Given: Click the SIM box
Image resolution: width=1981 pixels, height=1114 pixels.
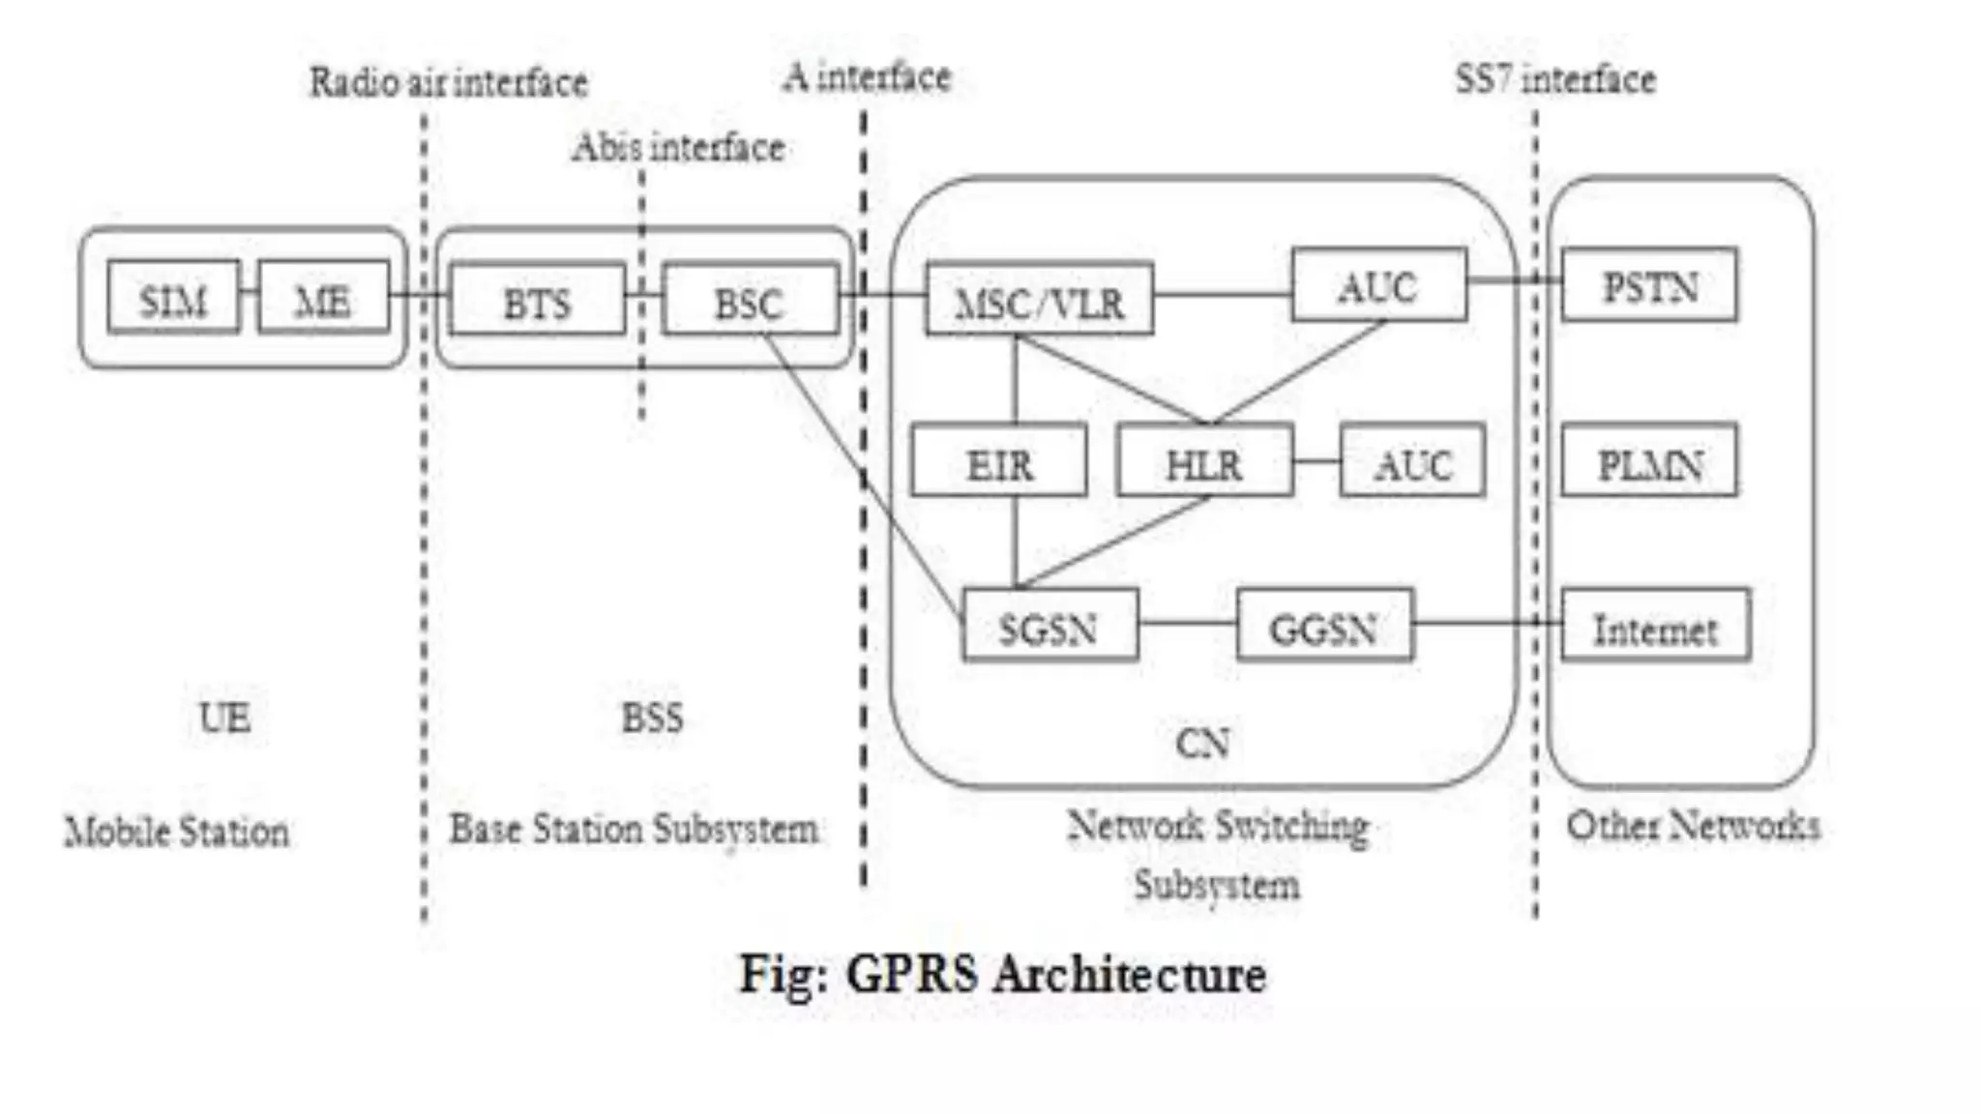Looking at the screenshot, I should pos(173,298).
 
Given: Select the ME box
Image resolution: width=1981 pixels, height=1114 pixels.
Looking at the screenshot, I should pos(323,298).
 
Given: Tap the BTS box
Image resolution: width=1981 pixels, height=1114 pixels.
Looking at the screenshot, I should pos(537,300).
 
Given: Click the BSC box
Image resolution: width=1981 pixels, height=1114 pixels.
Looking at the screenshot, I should pos(750,300).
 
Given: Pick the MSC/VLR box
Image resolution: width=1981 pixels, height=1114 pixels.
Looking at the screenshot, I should pos(1039,300).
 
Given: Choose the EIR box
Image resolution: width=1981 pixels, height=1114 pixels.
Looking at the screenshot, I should pos(998,461).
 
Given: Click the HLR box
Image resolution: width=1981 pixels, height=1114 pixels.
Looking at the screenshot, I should pos(1204,461).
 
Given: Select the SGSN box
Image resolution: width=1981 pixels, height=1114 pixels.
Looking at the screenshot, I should pos(1050,626).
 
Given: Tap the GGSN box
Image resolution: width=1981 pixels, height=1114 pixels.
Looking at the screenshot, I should pos(1324,626).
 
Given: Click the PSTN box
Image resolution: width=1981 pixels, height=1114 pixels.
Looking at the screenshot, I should pos(1649,284).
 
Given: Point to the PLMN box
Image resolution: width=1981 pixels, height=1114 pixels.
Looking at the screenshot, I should pos(1649,461).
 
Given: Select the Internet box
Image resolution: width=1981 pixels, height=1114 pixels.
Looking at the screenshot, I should pos(1655,626).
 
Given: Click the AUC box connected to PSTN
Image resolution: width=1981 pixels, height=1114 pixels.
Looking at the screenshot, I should pos(1378,284).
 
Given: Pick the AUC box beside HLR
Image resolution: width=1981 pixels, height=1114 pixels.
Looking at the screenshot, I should pos(1412,461).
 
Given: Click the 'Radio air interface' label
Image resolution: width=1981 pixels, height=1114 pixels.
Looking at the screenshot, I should pos(448,82).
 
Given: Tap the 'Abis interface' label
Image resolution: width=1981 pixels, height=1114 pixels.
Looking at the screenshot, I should pos(677,148).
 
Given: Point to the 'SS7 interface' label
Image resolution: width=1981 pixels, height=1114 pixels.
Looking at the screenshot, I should pos(1555,79).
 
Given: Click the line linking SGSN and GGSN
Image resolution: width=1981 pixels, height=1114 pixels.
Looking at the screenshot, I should pos(1188,623).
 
